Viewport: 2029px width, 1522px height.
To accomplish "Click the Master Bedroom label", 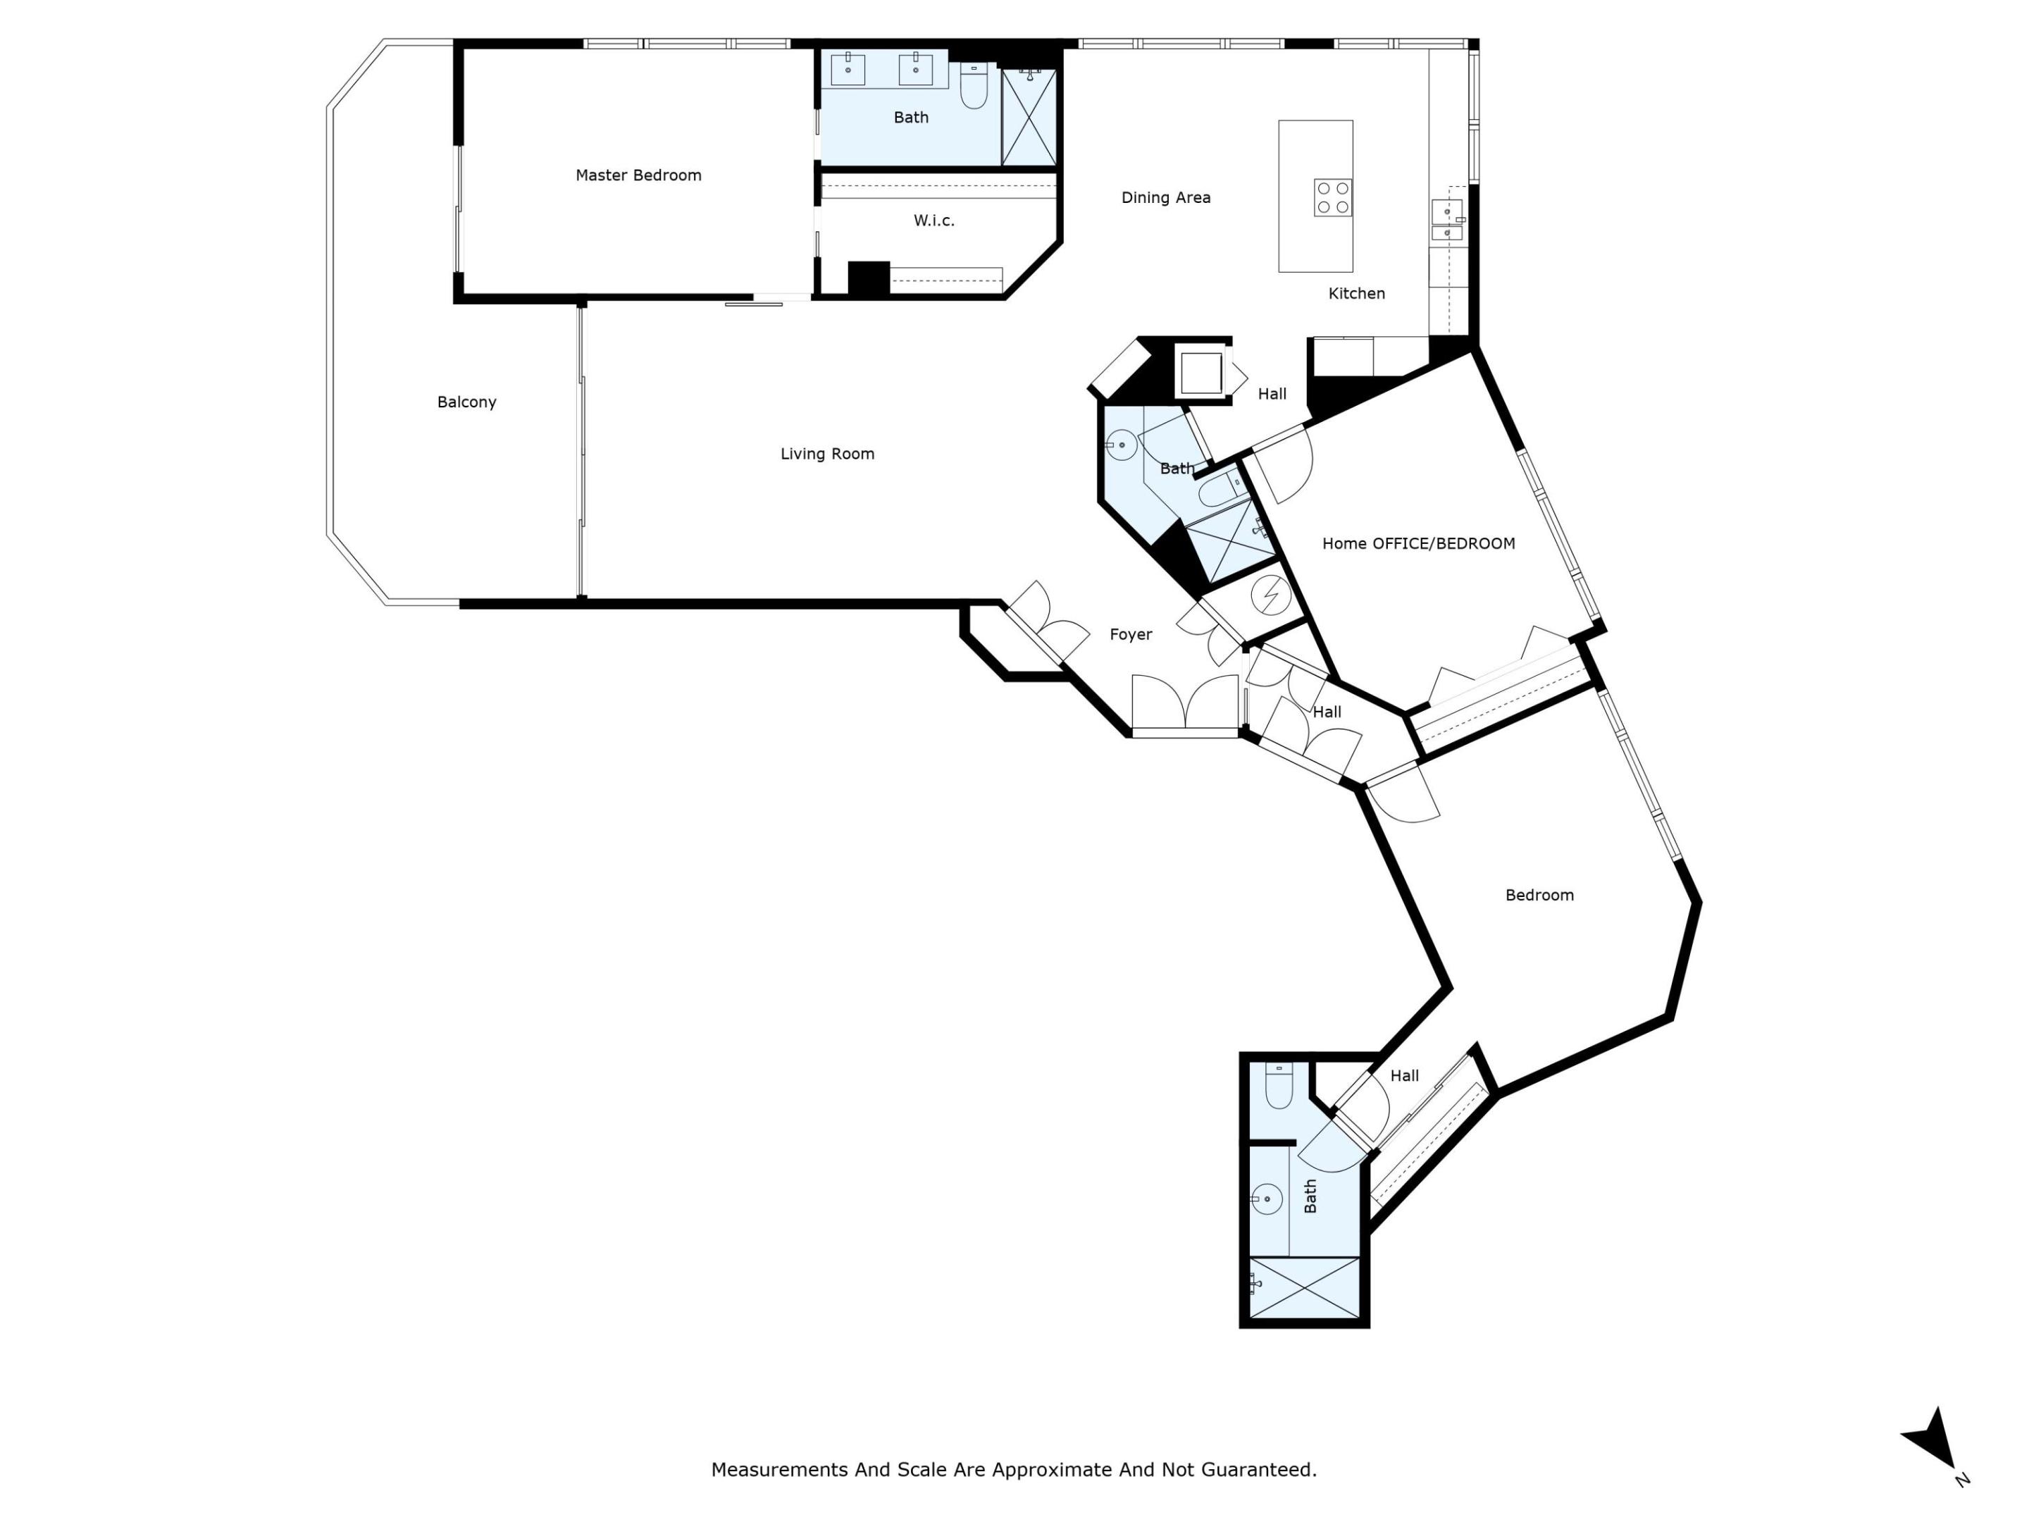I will pos(638,175).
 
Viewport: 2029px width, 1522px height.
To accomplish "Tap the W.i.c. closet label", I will pos(933,220).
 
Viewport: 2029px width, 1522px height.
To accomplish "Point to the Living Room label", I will pos(826,453).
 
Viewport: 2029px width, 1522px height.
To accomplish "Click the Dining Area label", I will pos(1165,197).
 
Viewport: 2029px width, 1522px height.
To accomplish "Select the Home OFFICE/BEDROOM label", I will pos(1417,543).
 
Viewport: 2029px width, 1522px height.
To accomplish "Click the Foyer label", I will pos(1130,634).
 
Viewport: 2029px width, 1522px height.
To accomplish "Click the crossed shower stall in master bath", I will pos(1029,118).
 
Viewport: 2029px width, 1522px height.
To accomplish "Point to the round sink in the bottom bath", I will pos(1267,1198).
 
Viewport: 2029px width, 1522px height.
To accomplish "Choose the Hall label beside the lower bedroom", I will pos(1403,1075).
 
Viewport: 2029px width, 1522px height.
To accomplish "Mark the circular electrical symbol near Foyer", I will pos(1270,595).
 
